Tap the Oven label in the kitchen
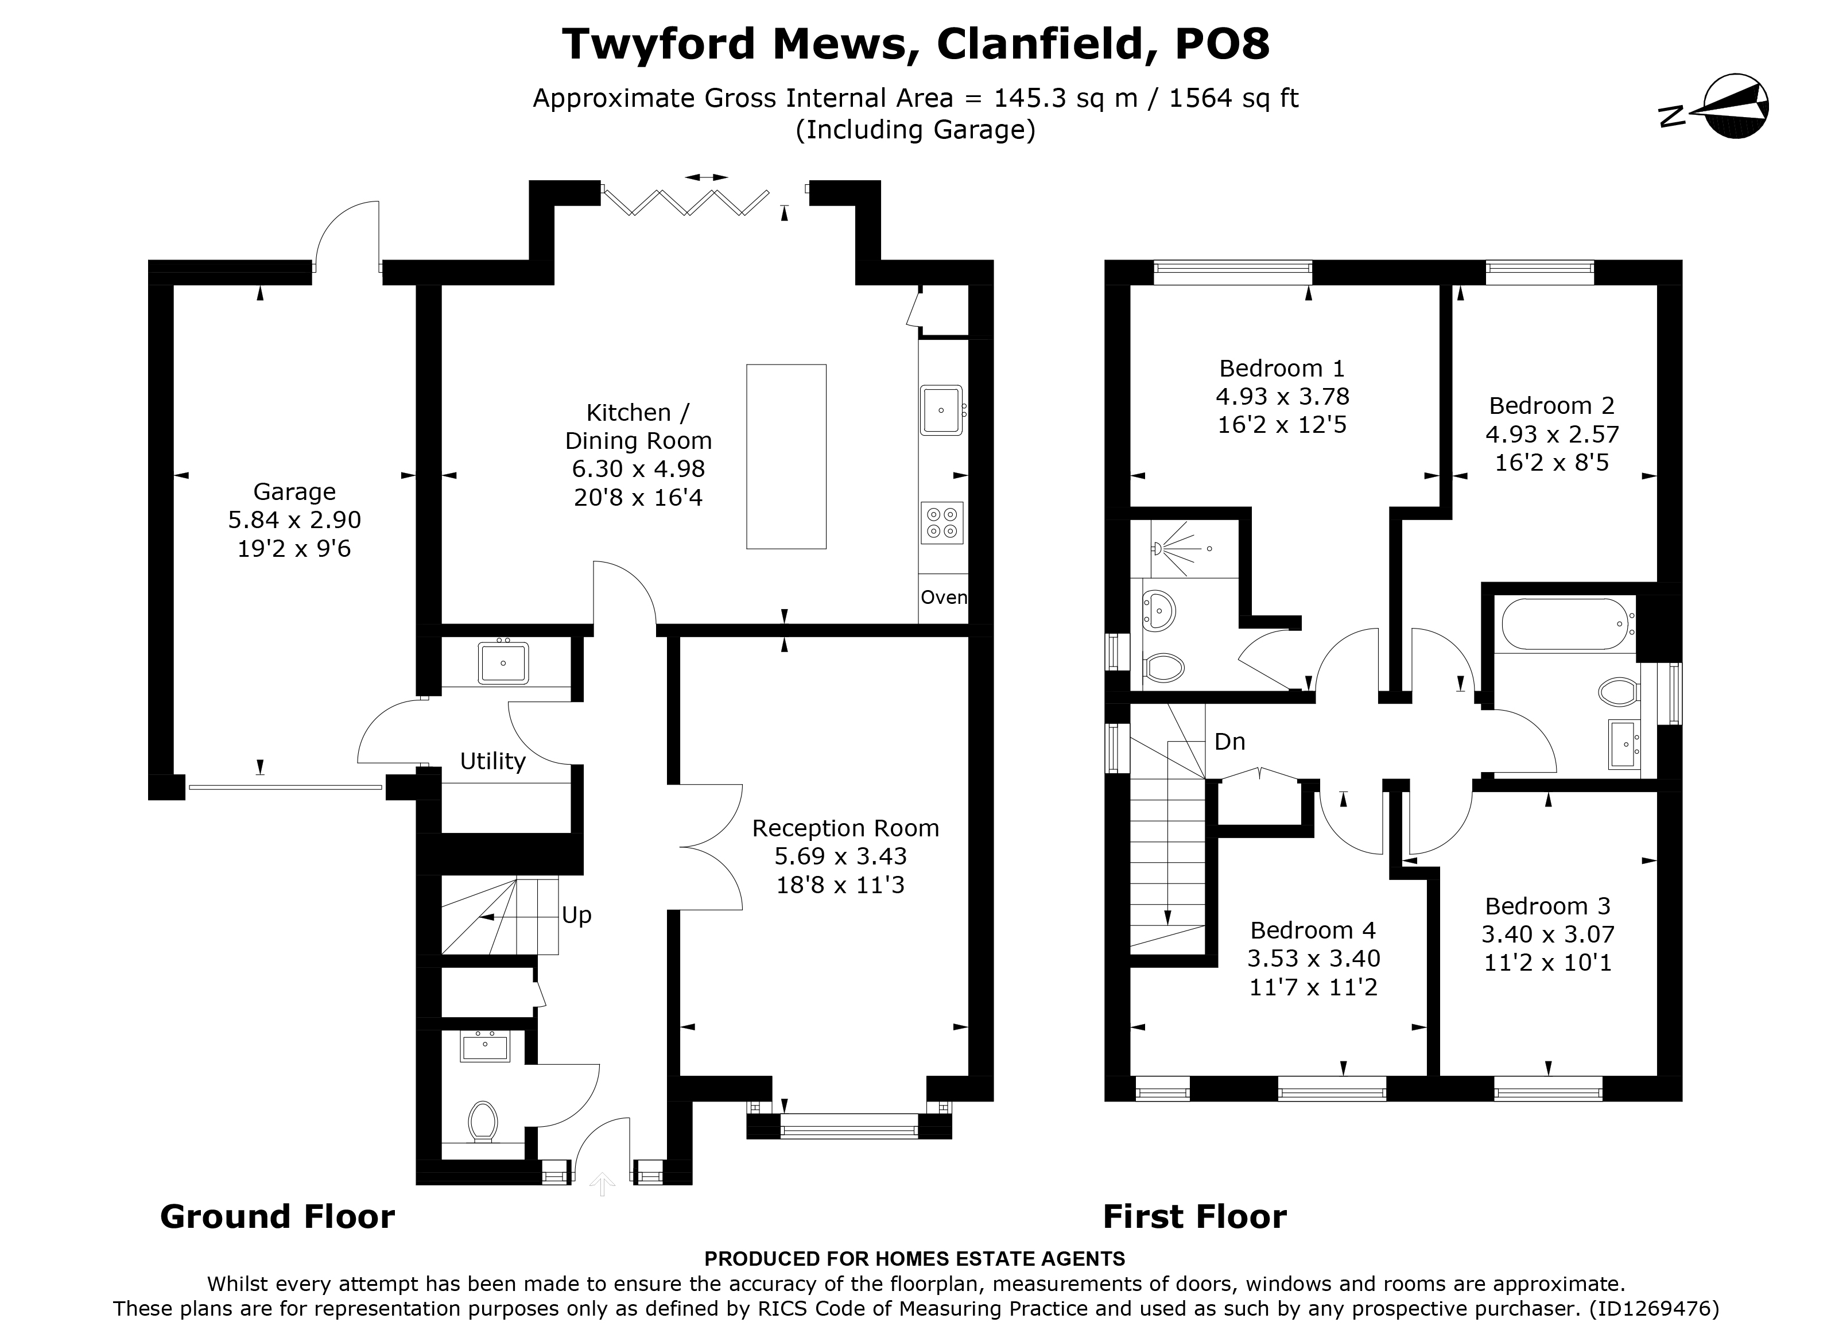tap(943, 598)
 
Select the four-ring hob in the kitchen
tap(942, 522)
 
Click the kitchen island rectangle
tap(786, 456)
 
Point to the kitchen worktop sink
tap(941, 410)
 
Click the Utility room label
tap(492, 762)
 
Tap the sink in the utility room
tap(503, 663)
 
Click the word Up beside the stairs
tap(576, 916)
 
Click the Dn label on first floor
tap(1229, 741)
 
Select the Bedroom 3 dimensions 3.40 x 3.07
tap(1547, 935)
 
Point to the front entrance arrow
tap(602, 1185)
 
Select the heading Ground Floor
tap(277, 1216)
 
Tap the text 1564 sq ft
tap(1233, 98)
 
